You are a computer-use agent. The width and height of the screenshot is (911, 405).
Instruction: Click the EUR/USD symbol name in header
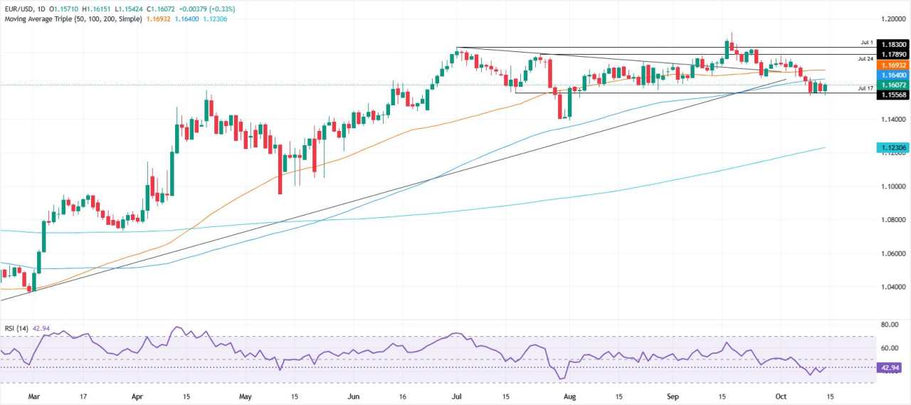22,9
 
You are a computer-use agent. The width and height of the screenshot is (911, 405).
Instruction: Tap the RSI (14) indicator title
15,330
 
